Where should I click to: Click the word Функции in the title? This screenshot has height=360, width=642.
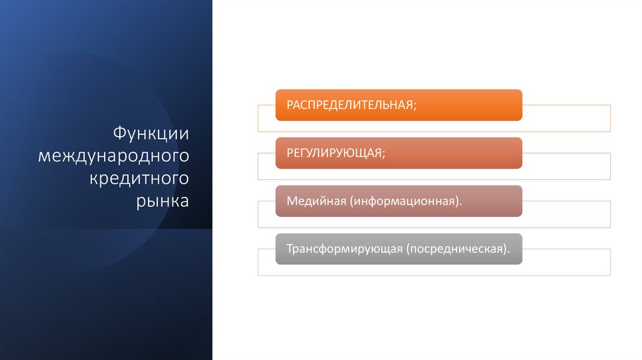150,133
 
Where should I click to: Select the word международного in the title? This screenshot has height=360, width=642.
113,156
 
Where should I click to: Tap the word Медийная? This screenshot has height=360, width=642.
317,201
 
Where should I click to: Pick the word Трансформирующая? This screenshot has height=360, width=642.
344,249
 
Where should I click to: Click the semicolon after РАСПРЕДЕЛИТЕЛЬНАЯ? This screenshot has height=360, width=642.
414,105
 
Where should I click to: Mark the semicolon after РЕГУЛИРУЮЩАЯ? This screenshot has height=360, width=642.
382,154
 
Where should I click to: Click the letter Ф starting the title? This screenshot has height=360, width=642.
119,133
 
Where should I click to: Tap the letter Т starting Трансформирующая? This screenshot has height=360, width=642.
290,249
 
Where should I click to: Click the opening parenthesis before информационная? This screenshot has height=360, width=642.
353,201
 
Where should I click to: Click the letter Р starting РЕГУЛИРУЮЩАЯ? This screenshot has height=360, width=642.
290,153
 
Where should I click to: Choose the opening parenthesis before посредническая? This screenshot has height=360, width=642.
408,249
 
